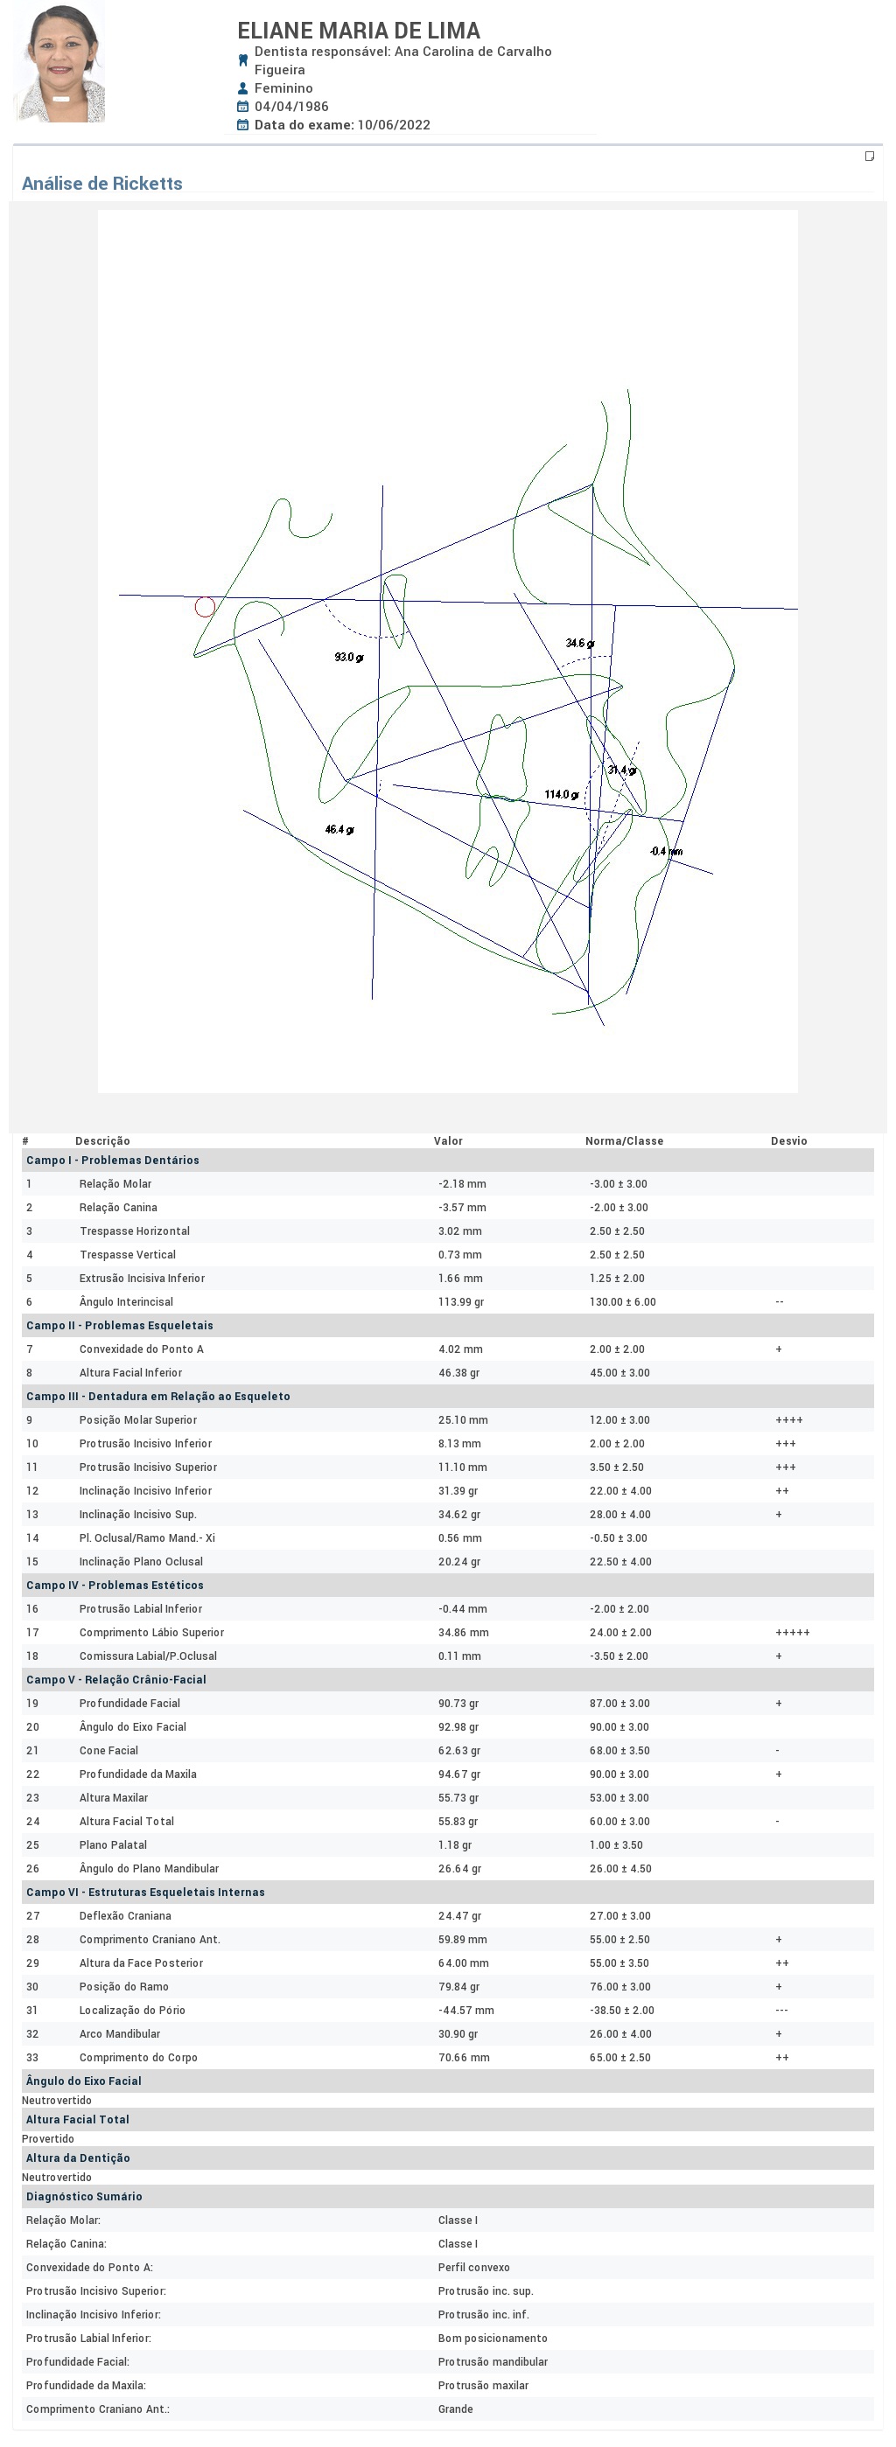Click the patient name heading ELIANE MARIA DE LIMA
tap(358, 31)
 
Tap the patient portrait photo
tap(59, 64)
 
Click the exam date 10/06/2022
tap(394, 124)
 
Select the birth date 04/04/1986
tap(290, 107)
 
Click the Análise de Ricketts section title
tap(101, 184)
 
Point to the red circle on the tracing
tap(204, 607)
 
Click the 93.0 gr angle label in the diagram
tap(347, 658)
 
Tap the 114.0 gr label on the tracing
tap(561, 794)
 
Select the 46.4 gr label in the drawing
tap(339, 829)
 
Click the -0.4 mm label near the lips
tap(665, 851)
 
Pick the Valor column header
tap(447, 1141)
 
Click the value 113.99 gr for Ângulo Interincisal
tap(461, 1301)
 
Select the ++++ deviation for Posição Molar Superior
tap(788, 1420)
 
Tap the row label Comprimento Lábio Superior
tap(151, 1632)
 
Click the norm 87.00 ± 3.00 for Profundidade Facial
tap(619, 1704)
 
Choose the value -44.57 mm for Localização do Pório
tap(465, 2010)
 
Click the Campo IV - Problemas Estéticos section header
tap(114, 1585)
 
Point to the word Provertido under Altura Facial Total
tap(47, 2138)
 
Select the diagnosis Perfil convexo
tap(473, 2267)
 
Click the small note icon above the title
tap(869, 156)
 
